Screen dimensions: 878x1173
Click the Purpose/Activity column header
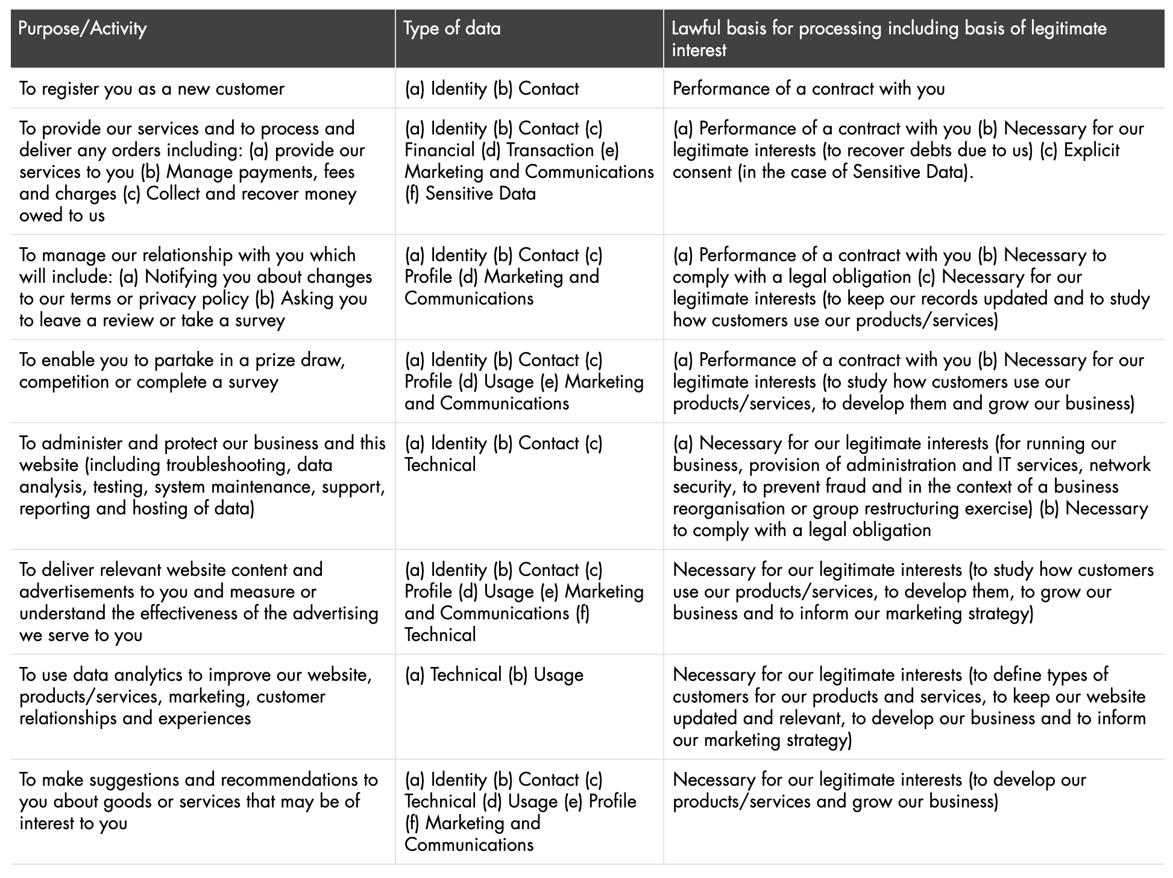[x=83, y=29]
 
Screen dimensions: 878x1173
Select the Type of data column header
[x=451, y=29]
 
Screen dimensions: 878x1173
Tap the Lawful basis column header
[x=888, y=39]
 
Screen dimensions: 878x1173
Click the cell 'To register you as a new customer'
[x=151, y=89]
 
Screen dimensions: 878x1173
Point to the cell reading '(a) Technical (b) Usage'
[x=494, y=675]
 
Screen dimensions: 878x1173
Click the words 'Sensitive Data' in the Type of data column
[x=480, y=194]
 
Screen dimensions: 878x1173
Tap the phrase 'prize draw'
[x=301, y=360]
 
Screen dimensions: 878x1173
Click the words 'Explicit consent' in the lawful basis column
[x=896, y=161]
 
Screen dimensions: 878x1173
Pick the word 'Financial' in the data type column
[x=439, y=150]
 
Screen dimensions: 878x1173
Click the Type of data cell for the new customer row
[x=491, y=89]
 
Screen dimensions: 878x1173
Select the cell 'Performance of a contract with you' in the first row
[x=808, y=89]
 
